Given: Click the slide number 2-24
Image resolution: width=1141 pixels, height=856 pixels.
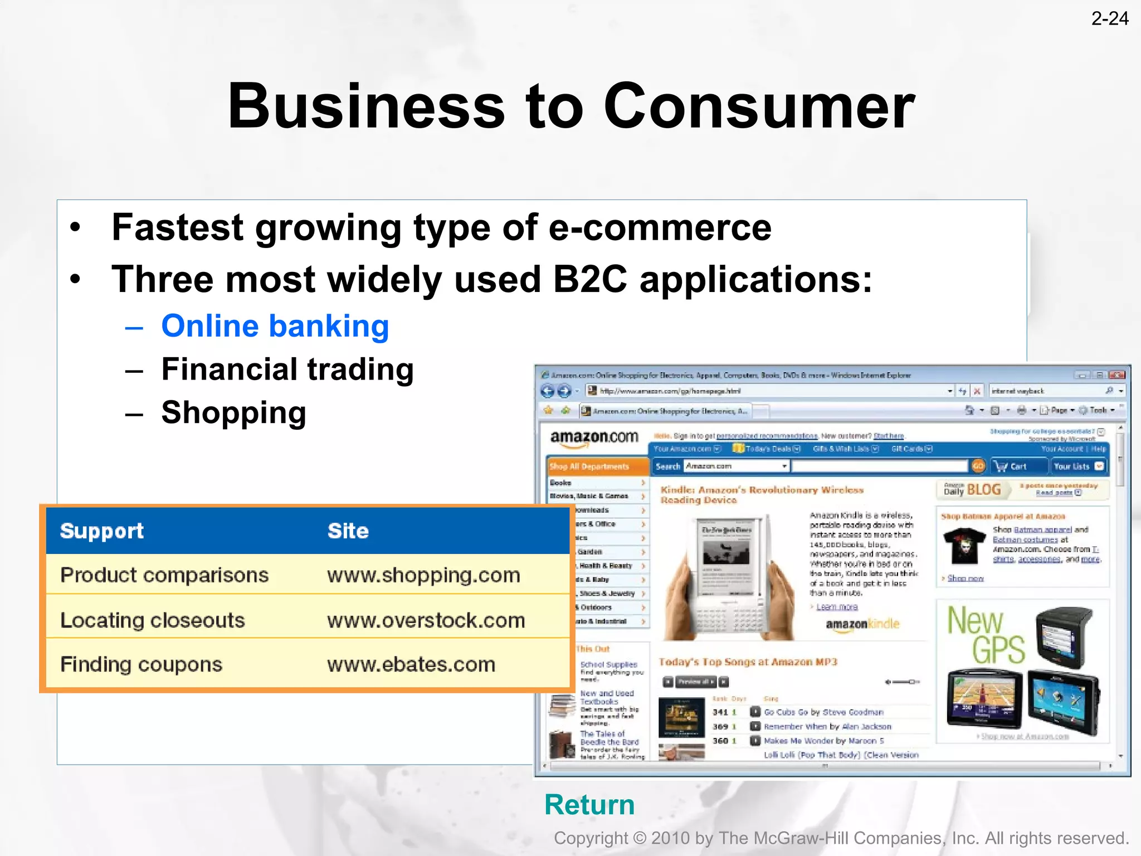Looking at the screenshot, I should pyautogui.click(x=1109, y=19).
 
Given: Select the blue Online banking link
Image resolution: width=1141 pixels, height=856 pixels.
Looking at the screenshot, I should pyautogui.click(x=275, y=326).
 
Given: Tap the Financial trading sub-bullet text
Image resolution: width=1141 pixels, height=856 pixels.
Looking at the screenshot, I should pyautogui.click(x=287, y=369).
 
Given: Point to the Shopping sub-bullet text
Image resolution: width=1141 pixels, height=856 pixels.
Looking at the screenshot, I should pyautogui.click(x=233, y=413).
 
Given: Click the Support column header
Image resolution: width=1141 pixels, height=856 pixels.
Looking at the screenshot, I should pyautogui.click(x=102, y=531).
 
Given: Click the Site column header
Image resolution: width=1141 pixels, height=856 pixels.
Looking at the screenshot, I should pyautogui.click(x=348, y=531).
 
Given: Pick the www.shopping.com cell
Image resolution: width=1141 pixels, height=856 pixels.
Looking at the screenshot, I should pyautogui.click(x=423, y=575).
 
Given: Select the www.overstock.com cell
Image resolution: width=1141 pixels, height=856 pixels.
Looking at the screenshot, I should pyautogui.click(x=426, y=620).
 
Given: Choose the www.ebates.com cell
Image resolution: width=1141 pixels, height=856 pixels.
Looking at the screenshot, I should pyautogui.click(x=411, y=664).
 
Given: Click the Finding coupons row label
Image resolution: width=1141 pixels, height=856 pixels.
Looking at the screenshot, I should pyautogui.click(x=141, y=664).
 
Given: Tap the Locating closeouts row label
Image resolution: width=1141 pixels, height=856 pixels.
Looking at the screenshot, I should pyautogui.click(x=152, y=620).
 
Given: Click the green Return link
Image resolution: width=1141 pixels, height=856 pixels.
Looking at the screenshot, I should pyautogui.click(x=589, y=805).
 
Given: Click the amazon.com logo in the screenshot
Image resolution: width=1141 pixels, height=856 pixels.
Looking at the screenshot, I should pyautogui.click(x=594, y=438).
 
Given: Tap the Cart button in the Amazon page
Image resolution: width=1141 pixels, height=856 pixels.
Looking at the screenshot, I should pyautogui.click(x=1012, y=466).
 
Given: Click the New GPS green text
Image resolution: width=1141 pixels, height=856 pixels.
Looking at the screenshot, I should pyautogui.click(x=985, y=635).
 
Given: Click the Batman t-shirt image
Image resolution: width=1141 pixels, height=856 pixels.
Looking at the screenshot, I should pyautogui.click(x=964, y=546).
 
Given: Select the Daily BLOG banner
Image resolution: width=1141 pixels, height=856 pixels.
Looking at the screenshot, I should pyautogui.click(x=972, y=490).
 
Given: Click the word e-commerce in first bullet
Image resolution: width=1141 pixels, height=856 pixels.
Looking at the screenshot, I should pyautogui.click(x=660, y=227).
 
